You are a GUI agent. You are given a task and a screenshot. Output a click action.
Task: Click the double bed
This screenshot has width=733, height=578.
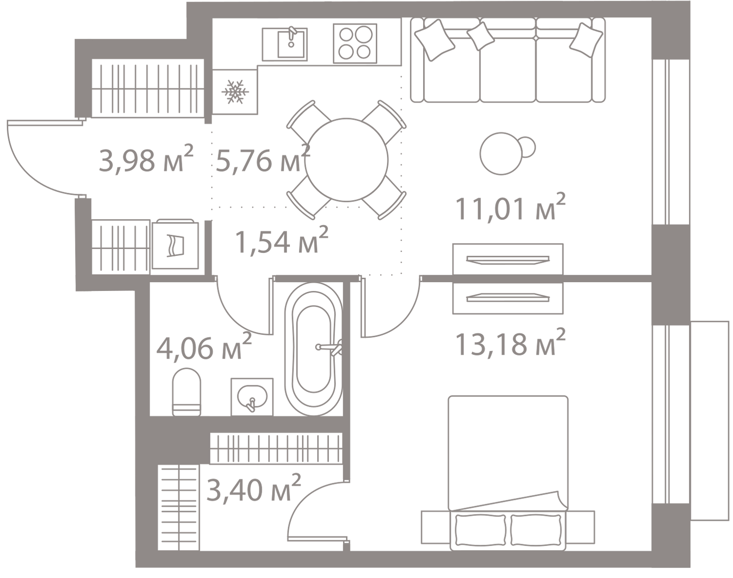click(509, 469)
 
